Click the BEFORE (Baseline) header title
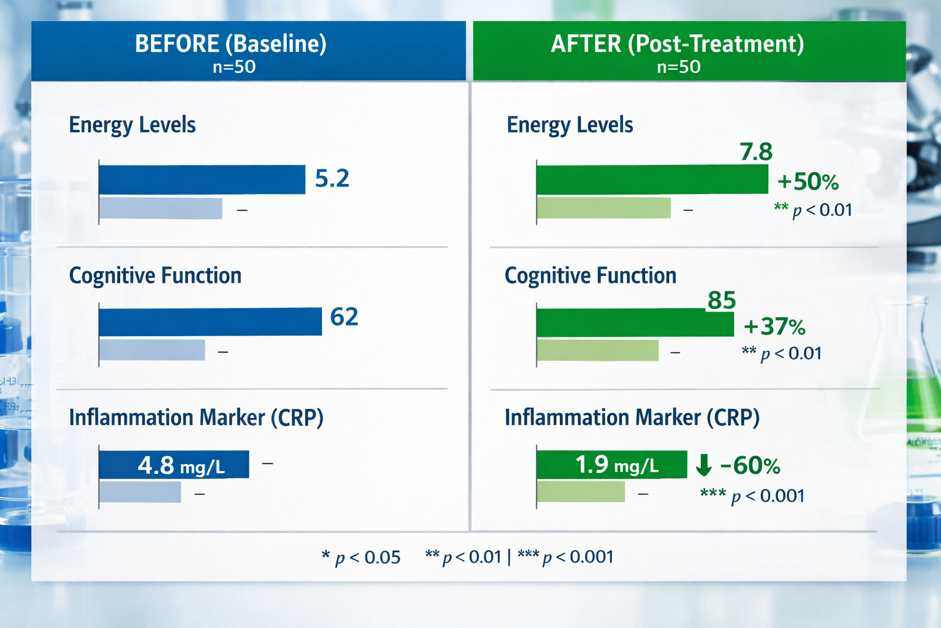(x=230, y=44)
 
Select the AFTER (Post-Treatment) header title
(x=677, y=44)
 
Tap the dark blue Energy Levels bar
(x=202, y=180)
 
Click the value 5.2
(x=332, y=178)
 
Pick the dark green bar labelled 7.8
(x=651, y=180)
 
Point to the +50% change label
(x=807, y=182)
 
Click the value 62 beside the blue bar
(x=344, y=317)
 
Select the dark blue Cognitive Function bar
(x=210, y=322)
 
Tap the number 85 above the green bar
(x=721, y=301)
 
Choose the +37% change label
(x=774, y=327)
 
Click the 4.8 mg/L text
(x=181, y=465)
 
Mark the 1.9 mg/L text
(x=616, y=465)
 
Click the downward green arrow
(x=704, y=465)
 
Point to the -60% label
(x=750, y=466)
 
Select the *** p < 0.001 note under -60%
(x=752, y=496)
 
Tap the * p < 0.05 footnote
(x=361, y=557)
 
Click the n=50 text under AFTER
(x=678, y=67)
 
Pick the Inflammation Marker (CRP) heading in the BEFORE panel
(x=196, y=418)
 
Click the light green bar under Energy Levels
(x=603, y=208)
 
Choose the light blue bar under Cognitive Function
(x=152, y=350)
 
